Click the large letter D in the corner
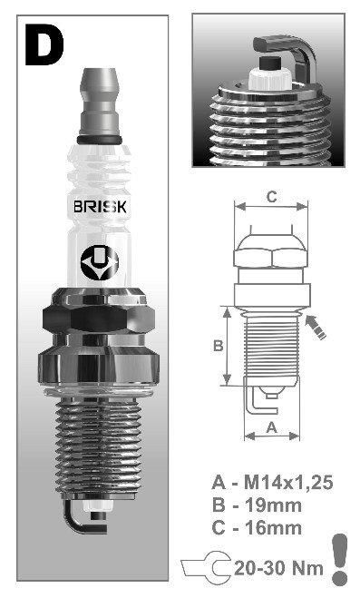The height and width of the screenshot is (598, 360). (44, 44)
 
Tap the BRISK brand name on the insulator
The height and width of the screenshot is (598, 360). (100, 207)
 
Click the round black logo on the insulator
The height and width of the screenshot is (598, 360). (100, 262)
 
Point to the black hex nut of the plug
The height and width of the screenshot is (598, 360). (99, 317)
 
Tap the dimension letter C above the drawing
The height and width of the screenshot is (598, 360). (271, 197)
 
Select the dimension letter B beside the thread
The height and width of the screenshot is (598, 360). (218, 346)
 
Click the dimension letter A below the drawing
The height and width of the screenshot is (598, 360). (272, 427)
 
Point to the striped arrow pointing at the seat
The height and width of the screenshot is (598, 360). (316, 327)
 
